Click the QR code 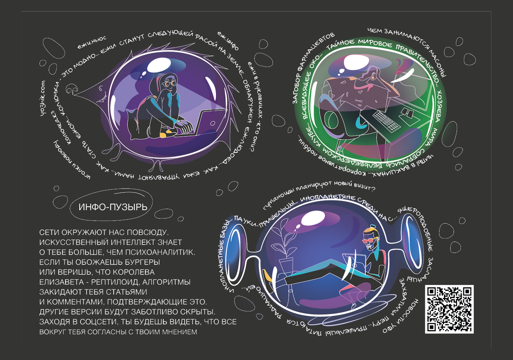pos(449,309)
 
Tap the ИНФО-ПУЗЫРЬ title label pos(113,207)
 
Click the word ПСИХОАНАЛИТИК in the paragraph pos(162,252)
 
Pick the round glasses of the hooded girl pos(169,83)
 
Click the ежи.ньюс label pos(92,42)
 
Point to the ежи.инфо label pos(228,40)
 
